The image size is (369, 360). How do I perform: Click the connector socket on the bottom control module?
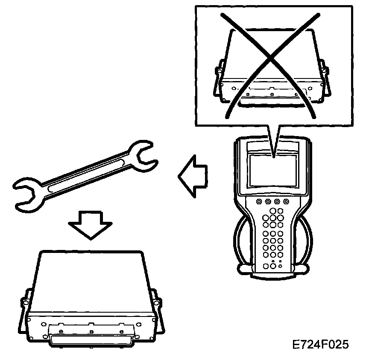[90, 340]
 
